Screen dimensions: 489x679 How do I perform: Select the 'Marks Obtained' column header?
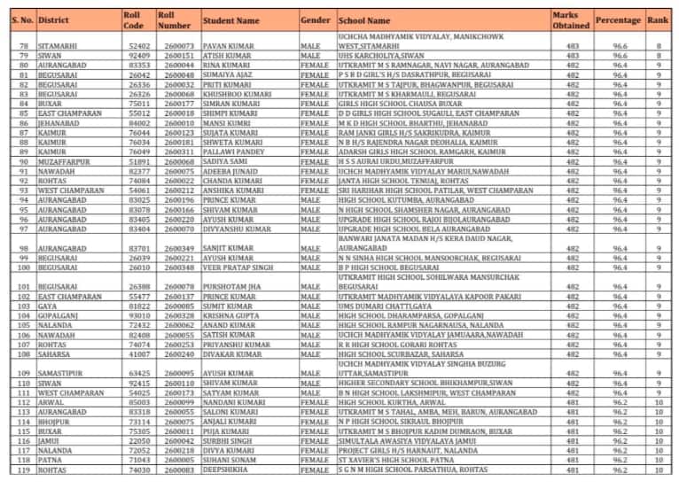(x=565, y=19)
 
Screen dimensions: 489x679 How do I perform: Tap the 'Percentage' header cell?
(x=617, y=19)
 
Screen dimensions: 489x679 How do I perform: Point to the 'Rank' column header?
(x=658, y=19)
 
